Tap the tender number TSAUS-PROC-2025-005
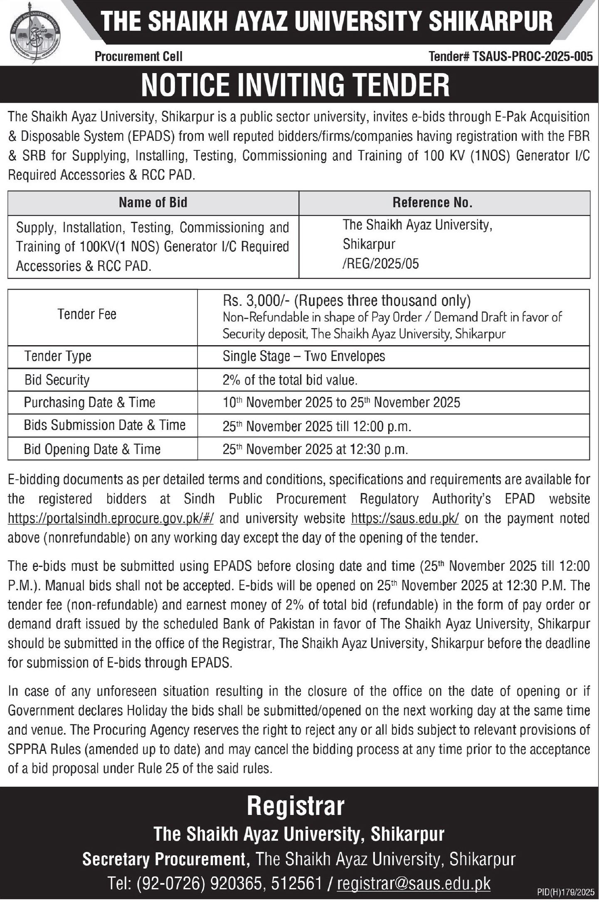511,56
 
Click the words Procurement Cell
138,56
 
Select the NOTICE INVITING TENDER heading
296,85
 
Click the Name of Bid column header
153,203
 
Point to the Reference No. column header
432,203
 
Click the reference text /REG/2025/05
380,263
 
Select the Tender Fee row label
87,314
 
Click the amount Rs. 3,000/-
258,300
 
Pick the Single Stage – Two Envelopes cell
304,356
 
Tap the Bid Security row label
57,380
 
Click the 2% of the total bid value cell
290,380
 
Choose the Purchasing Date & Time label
89,402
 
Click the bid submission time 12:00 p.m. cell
317,427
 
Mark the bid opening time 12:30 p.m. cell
315,449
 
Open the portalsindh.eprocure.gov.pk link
111,518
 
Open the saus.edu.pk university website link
405,518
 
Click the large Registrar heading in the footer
296,806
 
